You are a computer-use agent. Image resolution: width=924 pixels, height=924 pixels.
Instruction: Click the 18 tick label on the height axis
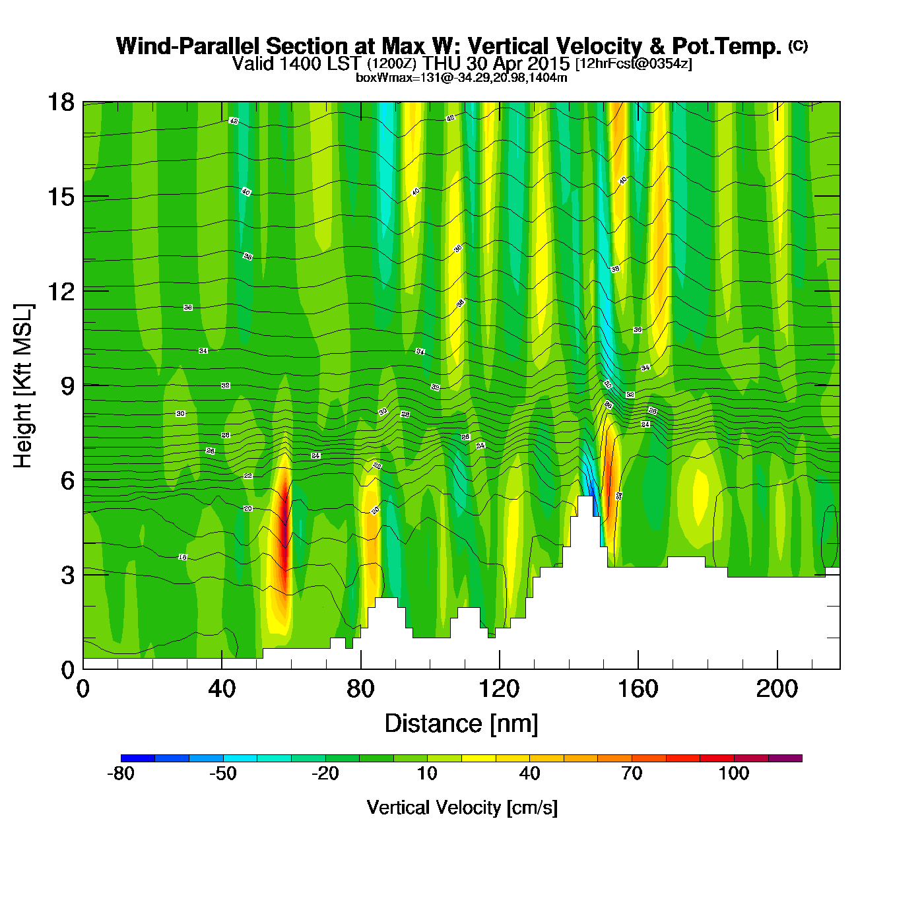pyautogui.click(x=60, y=102)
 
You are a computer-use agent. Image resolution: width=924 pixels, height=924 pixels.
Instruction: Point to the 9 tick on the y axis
pyautogui.click(x=83, y=385)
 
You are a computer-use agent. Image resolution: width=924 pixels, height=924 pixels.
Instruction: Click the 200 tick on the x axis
pyautogui.click(x=777, y=669)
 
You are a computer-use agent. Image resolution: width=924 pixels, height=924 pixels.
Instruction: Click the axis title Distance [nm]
pyautogui.click(x=461, y=724)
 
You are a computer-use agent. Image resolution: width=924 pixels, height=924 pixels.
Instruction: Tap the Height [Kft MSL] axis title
pyautogui.click(x=23, y=386)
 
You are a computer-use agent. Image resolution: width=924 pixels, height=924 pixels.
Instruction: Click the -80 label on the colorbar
pyautogui.click(x=121, y=774)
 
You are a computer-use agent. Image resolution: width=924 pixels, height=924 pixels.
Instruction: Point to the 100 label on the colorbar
pyautogui.click(x=734, y=774)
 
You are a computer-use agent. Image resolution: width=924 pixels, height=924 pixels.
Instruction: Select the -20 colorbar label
pyautogui.click(x=325, y=774)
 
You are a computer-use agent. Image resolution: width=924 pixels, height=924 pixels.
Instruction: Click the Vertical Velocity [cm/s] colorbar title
pyautogui.click(x=462, y=808)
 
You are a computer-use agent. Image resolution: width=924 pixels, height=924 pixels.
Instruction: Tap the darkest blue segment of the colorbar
pyautogui.click(x=138, y=758)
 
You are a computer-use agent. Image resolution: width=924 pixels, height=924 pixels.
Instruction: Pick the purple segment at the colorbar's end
pyautogui.click(x=785, y=758)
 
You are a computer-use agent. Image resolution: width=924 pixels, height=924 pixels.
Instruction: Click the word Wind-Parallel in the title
pyautogui.click(x=189, y=47)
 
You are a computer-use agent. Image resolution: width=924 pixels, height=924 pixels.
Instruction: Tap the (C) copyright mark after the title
pyautogui.click(x=798, y=46)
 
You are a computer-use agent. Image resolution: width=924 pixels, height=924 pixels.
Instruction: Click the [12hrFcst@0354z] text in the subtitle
pyautogui.click(x=634, y=64)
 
